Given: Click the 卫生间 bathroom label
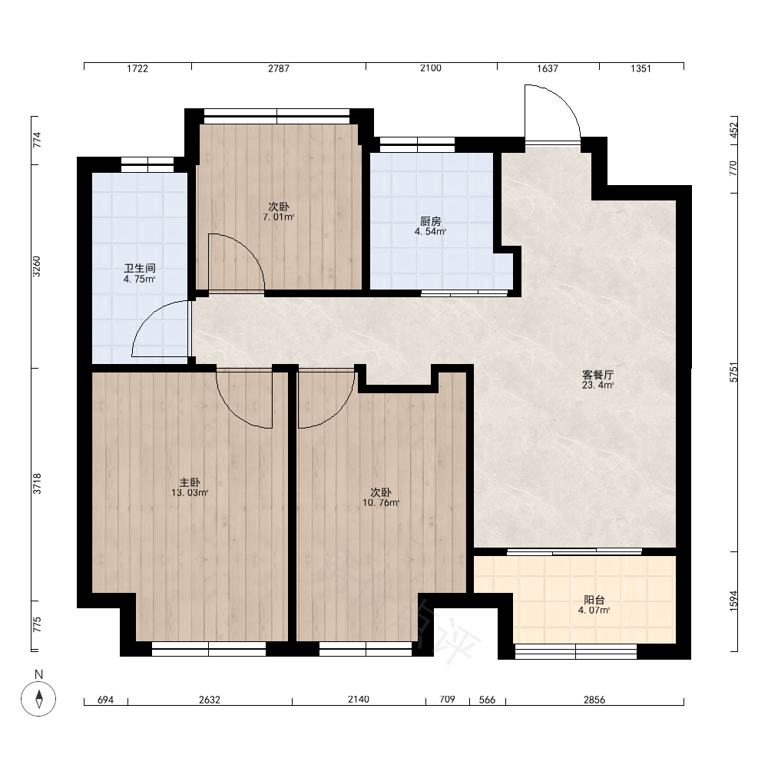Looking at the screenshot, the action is (140, 268).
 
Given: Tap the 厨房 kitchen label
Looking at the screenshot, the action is (431, 221).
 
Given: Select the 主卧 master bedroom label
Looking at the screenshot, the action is (190, 482).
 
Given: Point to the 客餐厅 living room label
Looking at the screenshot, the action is (598, 375).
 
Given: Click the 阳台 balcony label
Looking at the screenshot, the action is (594, 600).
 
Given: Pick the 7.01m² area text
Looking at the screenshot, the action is (279, 217).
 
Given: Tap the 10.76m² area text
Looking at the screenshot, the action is (381, 502).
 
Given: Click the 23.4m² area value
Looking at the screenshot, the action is (598, 385).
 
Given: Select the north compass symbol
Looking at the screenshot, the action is (38, 698).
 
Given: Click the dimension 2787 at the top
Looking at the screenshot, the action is (278, 68).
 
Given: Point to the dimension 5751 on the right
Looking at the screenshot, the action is (733, 372).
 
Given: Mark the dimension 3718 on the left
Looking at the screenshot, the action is (37, 483).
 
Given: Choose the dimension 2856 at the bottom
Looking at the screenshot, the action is (594, 700).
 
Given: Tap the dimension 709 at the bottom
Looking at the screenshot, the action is (447, 699).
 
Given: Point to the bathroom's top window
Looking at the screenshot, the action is (147, 164).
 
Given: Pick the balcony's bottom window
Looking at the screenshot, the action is (575, 651).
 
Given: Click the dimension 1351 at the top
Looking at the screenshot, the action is (641, 68).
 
